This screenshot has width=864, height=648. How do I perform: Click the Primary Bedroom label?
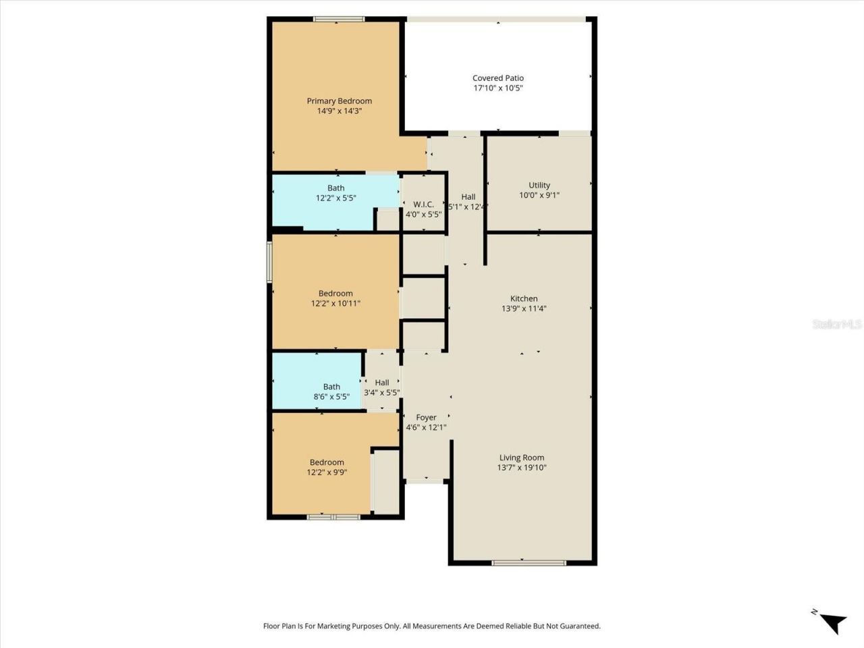[340, 101]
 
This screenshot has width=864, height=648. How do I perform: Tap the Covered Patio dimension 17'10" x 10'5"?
[498, 88]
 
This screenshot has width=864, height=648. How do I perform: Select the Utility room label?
[539, 185]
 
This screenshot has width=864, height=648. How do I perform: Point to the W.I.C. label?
[423, 205]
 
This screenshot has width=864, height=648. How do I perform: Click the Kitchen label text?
[524, 298]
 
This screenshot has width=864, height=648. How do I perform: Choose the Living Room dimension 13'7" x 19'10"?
[522, 468]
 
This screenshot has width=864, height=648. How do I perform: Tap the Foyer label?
[426, 418]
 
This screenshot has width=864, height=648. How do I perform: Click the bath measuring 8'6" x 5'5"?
[331, 392]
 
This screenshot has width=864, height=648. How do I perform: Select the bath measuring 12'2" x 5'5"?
[335, 194]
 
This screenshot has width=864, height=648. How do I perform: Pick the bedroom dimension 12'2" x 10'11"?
[335, 304]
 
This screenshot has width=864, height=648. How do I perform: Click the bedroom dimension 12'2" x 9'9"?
[327, 473]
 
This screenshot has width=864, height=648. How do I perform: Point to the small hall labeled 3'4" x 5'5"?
[382, 387]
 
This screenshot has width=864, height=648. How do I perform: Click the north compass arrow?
[834, 622]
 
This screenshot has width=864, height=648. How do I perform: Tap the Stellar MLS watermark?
[837, 325]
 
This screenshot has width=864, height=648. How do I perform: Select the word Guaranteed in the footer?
[579, 626]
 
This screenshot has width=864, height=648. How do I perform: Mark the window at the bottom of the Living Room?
[529, 562]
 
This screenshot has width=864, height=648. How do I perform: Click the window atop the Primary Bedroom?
[339, 20]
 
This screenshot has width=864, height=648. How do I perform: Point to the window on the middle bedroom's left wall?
[269, 262]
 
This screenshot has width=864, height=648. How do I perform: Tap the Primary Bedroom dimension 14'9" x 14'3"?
[340, 111]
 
